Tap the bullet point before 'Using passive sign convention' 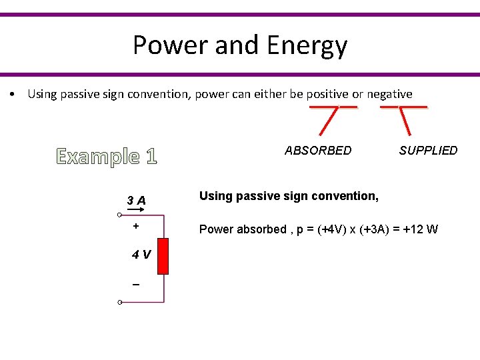(13, 94)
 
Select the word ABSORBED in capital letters (318, 151)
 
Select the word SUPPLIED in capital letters (428, 151)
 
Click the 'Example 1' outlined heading (107, 157)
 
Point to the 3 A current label (137, 200)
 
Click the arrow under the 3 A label (137, 209)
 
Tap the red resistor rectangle (163, 256)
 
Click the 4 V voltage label (140, 254)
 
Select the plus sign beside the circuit (136, 226)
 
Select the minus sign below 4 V (136, 285)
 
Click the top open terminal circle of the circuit (118, 215)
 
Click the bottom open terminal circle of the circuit (118, 303)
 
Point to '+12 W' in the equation (420, 229)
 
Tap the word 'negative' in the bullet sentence (389, 94)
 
